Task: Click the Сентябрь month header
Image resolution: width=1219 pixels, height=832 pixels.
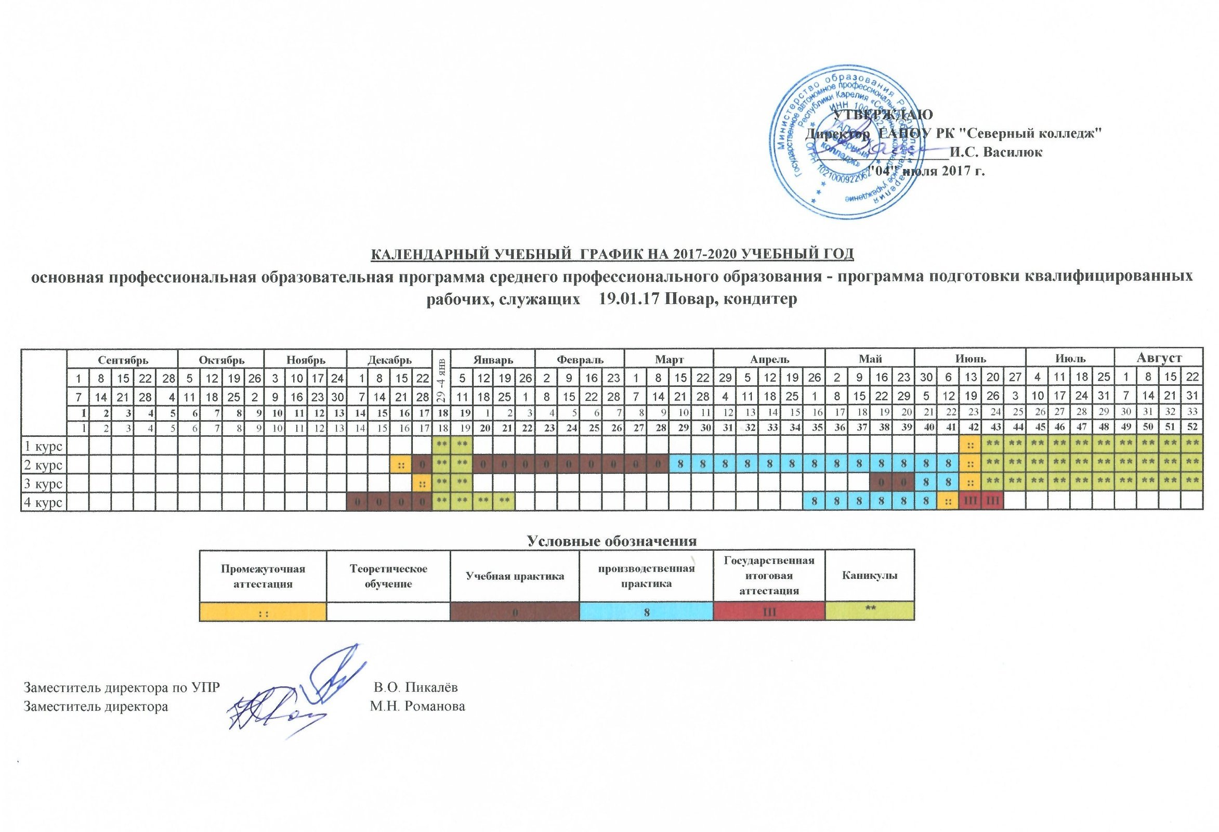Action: click(122, 360)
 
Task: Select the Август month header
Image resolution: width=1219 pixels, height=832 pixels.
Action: click(1158, 359)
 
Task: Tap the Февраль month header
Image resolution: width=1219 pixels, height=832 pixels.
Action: click(580, 360)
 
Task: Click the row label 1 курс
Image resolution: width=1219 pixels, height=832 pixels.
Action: click(44, 446)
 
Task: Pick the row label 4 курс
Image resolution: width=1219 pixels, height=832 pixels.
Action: click(44, 502)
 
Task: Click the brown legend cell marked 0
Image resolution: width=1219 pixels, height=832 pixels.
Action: click(515, 612)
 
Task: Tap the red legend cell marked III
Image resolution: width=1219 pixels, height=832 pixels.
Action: click(769, 612)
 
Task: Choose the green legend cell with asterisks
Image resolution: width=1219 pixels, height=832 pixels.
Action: click(869, 612)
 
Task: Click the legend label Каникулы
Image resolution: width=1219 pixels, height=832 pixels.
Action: click(869, 576)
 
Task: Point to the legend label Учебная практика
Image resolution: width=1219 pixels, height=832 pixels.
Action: click(515, 576)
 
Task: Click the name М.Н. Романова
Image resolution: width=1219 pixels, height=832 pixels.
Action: click(417, 707)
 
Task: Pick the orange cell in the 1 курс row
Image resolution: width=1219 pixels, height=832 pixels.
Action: click(971, 446)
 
